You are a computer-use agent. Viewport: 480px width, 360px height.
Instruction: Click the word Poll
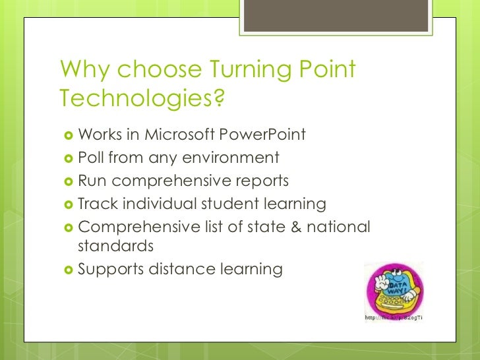(x=92, y=158)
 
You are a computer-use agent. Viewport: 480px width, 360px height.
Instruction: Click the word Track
(x=96, y=204)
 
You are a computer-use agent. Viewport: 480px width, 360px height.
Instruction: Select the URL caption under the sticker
(x=393, y=318)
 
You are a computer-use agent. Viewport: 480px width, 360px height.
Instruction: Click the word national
(x=339, y=226)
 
